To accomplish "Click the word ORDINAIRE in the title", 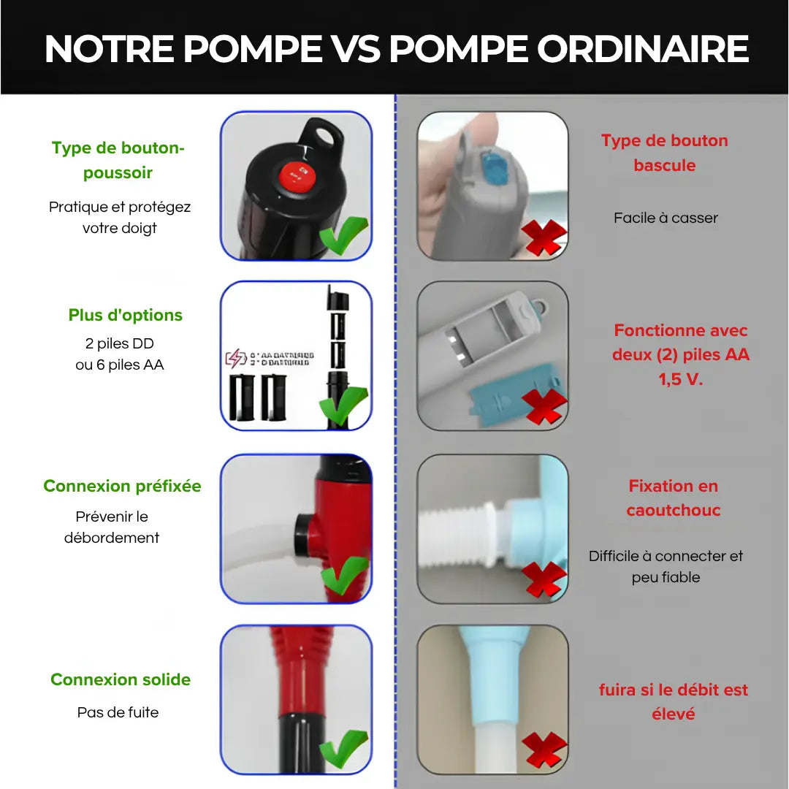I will pos(643,49).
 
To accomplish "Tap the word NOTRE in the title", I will pos(110,49).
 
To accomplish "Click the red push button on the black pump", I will pos(297,175).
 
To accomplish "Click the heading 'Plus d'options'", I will pos(126,315).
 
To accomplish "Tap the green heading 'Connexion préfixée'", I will pos(122,486).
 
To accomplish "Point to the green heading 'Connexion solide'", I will pos(121,679).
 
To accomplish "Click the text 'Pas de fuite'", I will pos(118,712).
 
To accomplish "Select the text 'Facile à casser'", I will pos(666,218).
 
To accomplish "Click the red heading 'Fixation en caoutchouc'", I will pos(673,498).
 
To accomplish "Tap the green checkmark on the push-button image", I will pos(343,235).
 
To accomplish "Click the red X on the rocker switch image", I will pos(544,238).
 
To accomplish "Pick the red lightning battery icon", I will pos(235,359).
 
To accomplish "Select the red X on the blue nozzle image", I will pos(544,749).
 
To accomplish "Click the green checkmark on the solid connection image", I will pos(343,749).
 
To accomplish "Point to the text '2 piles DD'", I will pos(120,343).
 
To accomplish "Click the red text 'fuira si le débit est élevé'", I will pos(673,701).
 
